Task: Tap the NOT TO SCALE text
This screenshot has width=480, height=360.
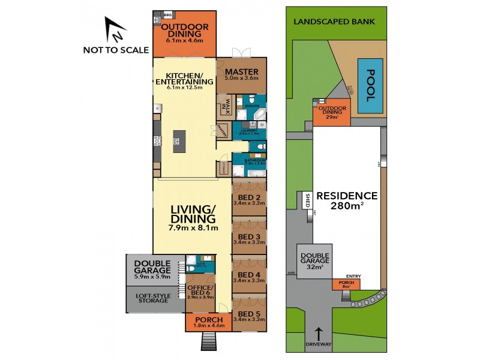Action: pyautogui.click(x=116, y=50)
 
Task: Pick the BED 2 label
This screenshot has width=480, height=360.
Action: pyautogui.click(x=249, y=198)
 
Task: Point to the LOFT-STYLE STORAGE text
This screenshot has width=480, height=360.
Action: pyautogui.click(x=155, y=298)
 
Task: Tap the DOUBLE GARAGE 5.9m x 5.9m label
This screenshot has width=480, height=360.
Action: pyautogui.click(x=152, y=269)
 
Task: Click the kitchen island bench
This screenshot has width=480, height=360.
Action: pyautogui.click(x=177, y=142)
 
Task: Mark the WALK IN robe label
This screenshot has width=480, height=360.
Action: pyautogui.click(x=227, y=105)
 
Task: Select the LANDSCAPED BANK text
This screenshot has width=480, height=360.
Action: pyautogui.click(x=334, y=22)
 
